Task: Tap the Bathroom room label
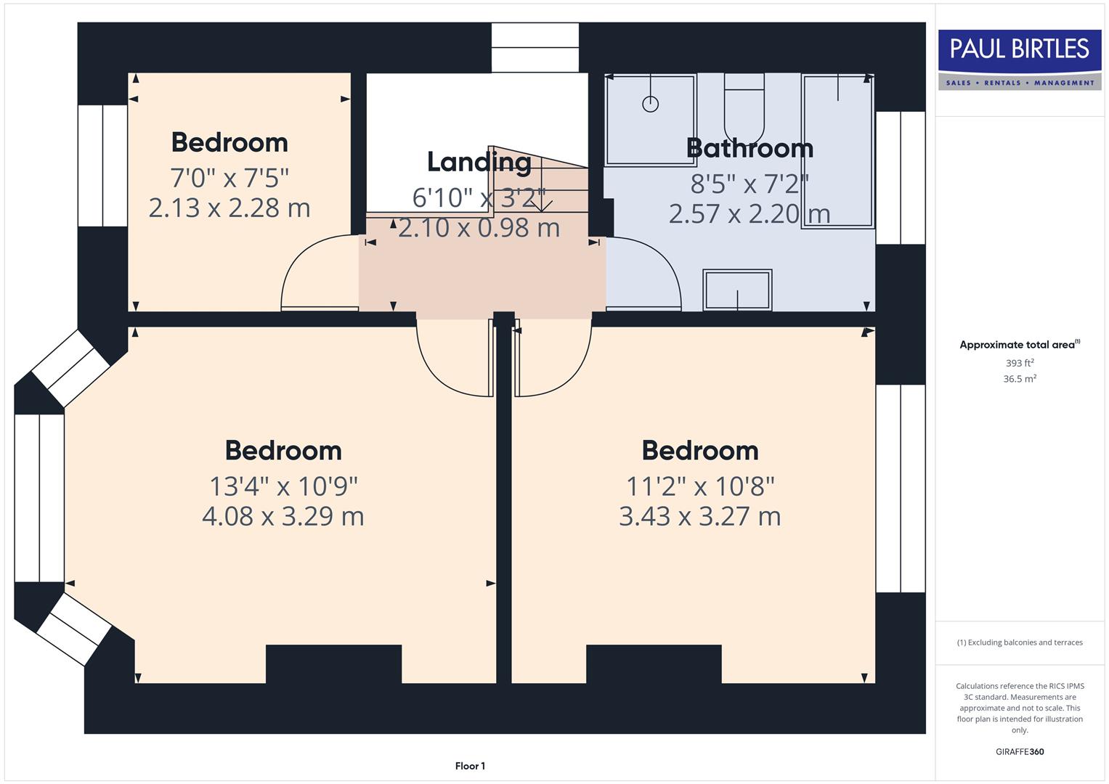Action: pos(750,148)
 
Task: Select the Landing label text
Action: pos(479,162)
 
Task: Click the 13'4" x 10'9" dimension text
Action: pos(283,486)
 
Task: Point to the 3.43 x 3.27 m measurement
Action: pos(699,517)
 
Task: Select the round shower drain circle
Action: pos(650,104)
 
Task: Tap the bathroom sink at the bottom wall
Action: pos(737,290)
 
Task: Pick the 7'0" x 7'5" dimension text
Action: pos(229,177)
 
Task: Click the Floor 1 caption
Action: pos(470,766)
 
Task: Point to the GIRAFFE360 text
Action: pos(1019,751)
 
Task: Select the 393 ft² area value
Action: pos(1019,363)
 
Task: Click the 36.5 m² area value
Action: pos(1019,379)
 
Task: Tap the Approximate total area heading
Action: pos(1019,345)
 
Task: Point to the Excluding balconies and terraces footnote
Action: pos(1019,642)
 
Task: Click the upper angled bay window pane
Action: pos(71,368)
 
